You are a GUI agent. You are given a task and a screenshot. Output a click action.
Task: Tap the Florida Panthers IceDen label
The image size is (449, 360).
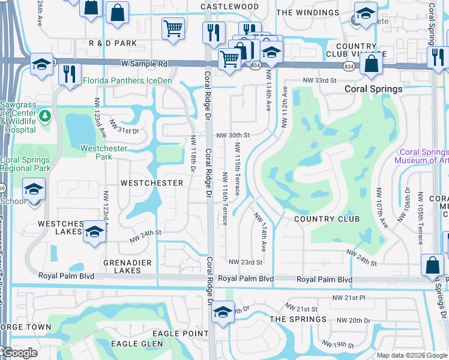(x=127, y=80)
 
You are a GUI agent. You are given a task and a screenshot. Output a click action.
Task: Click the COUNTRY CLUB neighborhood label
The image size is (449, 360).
(x=327, y=219)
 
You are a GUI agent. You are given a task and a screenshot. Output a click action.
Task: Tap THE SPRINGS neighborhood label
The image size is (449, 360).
(x=298, y=319)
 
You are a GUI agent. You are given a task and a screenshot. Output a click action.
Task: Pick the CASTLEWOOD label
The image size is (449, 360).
(x=229, y=7)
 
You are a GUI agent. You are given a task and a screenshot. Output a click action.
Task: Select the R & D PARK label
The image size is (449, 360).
(x=113, y=43)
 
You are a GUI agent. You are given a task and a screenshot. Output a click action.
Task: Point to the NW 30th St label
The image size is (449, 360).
(x=233, y=135)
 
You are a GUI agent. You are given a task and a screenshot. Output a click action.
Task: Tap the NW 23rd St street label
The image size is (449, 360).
(x=246, y=262)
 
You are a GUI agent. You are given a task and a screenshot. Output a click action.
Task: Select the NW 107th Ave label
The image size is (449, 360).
(x=379, y=208)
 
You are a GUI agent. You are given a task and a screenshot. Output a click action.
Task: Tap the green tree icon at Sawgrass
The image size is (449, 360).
(x=44, y=115)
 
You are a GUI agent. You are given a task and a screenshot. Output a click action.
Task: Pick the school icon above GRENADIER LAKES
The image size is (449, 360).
(x=94, y=231)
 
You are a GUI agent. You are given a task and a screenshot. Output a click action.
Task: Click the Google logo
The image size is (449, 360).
(x=19, y=353)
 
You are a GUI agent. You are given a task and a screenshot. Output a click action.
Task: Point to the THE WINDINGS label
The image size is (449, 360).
(x=308, y=13)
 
